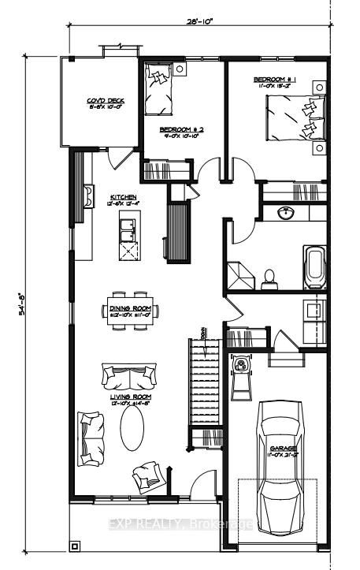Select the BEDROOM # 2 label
182,129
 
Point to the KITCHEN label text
124,196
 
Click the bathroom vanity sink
285,212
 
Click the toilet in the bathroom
269,278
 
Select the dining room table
129,311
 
